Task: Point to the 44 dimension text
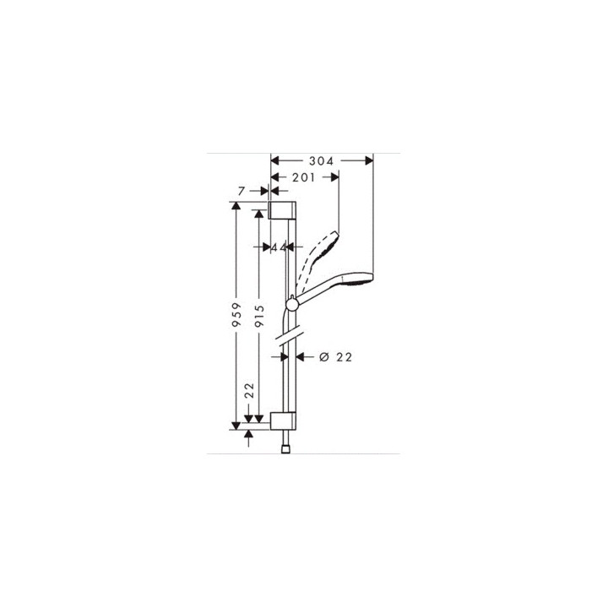[x=277, y=247]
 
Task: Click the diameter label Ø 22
[x=336, y=357]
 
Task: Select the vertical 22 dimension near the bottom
[x=249, y=390]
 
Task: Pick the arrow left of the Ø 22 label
[x=305, y=357]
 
